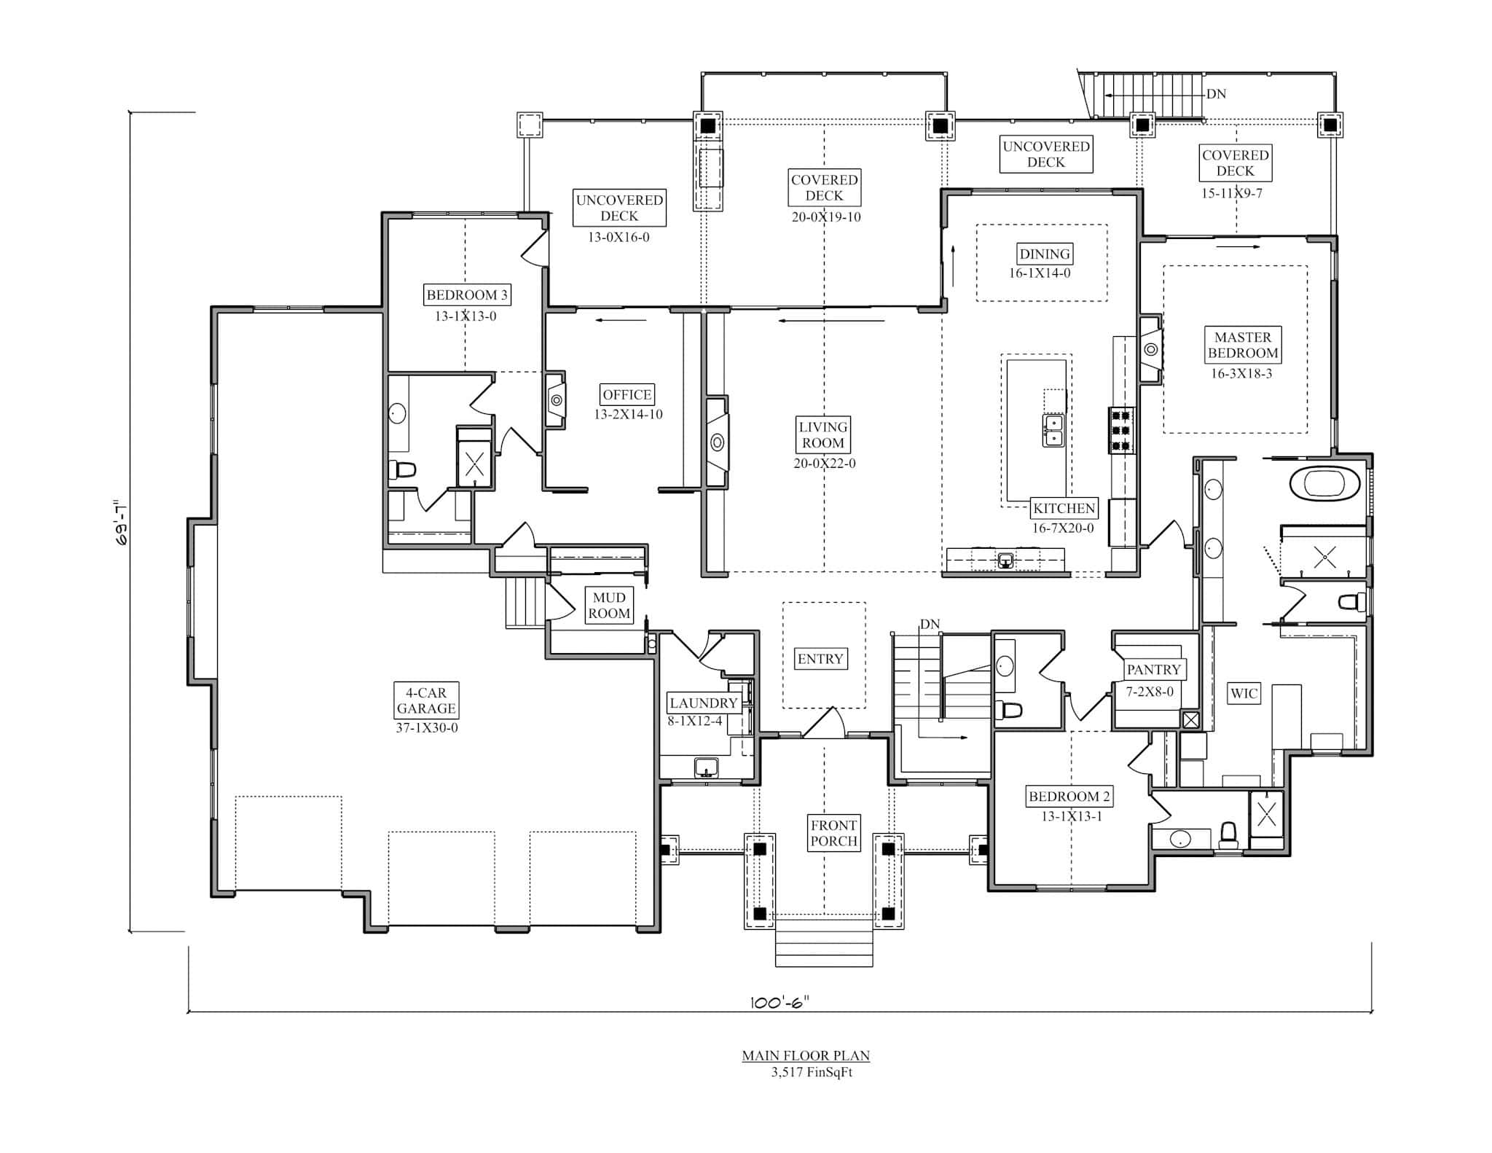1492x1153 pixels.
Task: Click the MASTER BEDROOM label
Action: [x=1242, y=345]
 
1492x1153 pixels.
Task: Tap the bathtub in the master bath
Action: [x=1324, y=484]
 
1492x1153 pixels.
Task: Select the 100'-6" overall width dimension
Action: [x=780, y=1002]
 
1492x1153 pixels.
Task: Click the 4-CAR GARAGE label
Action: [x=426, y=700]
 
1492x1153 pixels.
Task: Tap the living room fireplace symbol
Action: [x=717, y=442]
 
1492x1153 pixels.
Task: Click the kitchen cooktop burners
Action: [x=1121, y=430]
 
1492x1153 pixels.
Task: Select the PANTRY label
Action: [x=1153, y=669]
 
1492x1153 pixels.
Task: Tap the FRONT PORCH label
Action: [x=833, y=833]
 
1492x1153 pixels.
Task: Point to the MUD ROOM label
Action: [x=609, y=606]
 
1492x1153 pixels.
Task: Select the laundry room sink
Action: [x=706, y=767]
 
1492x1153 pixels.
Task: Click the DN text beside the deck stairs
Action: [x=1216, y=94]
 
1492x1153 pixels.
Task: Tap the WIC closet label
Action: [x=1243, y=693]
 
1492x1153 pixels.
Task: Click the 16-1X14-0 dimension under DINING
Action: [x=1039, y=273]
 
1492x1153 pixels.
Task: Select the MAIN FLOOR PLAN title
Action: [x=805, y=1055]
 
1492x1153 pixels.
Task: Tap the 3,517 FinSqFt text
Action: [x=811, y=1072]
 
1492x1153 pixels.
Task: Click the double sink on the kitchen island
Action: [x=1053, y=431]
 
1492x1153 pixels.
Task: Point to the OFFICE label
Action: [x=627, y=394]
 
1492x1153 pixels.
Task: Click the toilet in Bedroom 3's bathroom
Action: [x=403, y=469]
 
